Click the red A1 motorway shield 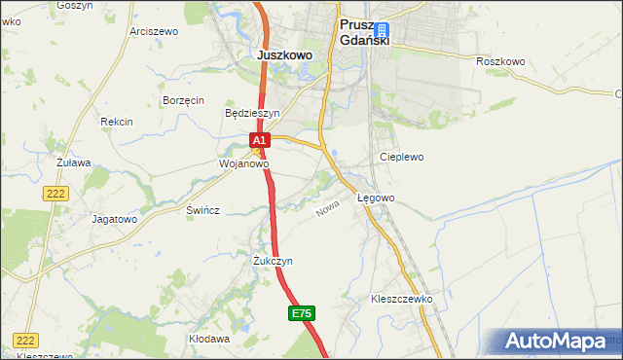259,141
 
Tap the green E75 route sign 302,313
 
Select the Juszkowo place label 285,55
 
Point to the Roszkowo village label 500,61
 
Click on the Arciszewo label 154,31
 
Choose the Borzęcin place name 183,100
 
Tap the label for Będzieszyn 252,113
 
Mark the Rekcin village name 116,122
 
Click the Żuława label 73,162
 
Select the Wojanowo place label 242,164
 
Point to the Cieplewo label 401,156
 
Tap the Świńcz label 203,210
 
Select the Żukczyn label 274,261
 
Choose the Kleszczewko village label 401,299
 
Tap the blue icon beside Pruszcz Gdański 381,30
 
